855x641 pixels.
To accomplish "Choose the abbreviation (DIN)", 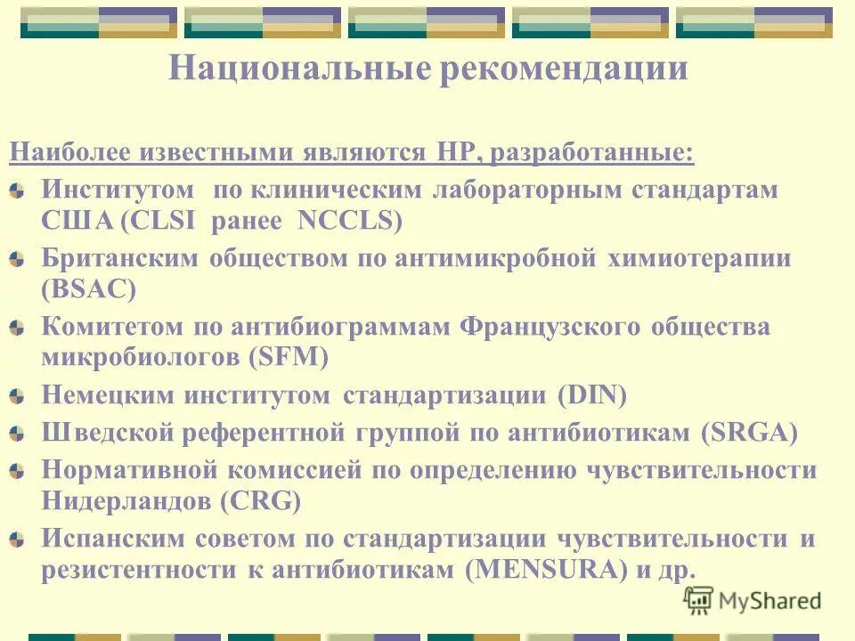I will click(592, 395).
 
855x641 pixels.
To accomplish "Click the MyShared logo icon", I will click(699, 599).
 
